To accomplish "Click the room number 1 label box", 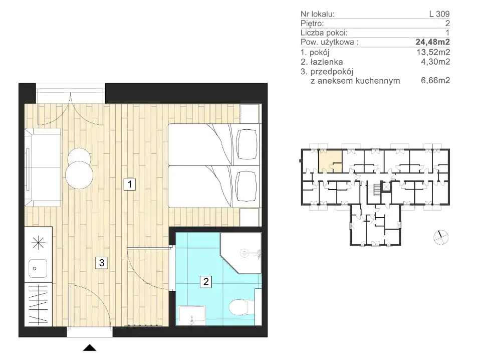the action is [x=130, y=184].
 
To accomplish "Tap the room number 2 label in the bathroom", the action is [x=206, y=281].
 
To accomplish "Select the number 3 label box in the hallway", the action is [x=101, y=263].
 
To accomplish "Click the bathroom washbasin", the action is [x=192, y=315].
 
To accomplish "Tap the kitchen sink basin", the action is [x=38, y=268].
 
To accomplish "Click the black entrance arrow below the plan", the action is [x=90, y=347].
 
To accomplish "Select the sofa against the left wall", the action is [x=43, y=167].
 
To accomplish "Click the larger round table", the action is [x=79, y=175].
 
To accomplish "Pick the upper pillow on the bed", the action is [x=247, y=144].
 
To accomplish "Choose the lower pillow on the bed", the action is [x=247, y=187].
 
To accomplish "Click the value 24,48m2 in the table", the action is [x=433, y=42].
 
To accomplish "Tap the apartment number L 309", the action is [x=439, y=14].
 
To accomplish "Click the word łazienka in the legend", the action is [x=326, y=62].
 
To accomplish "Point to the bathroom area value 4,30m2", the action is [x=435, y=62].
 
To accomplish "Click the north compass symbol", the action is [x=441, y=237].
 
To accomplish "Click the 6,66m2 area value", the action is [x=435, y=80].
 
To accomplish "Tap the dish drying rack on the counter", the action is [x=38, y=304].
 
